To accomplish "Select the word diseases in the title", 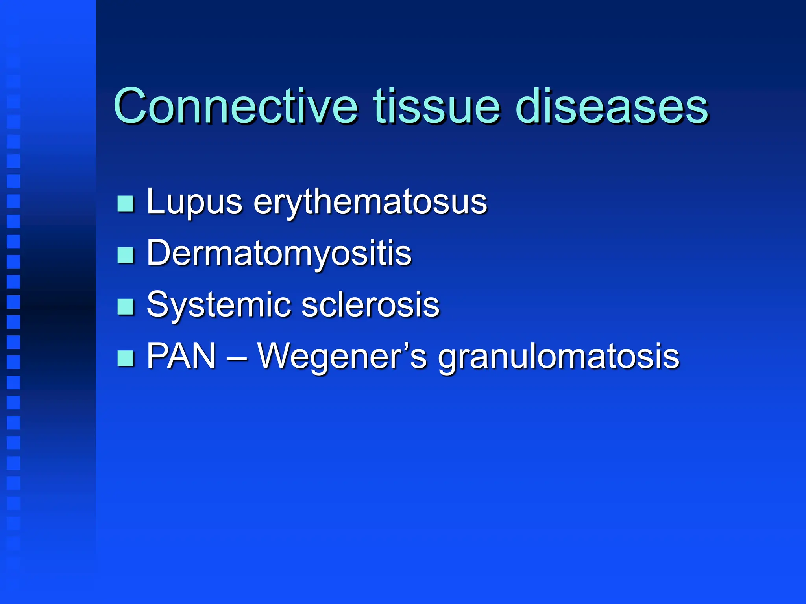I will (x=612, y=106).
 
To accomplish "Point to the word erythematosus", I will (x=370, y=203).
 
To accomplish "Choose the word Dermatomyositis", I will (x=279, y=254).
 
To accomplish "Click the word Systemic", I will (x=218, y=305).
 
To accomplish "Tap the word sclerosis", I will (x=370, y=305).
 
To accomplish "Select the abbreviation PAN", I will (x=181, y=356).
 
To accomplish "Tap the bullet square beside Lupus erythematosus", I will (x=126, y=204).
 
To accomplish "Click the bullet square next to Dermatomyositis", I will (x=126, y=255).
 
